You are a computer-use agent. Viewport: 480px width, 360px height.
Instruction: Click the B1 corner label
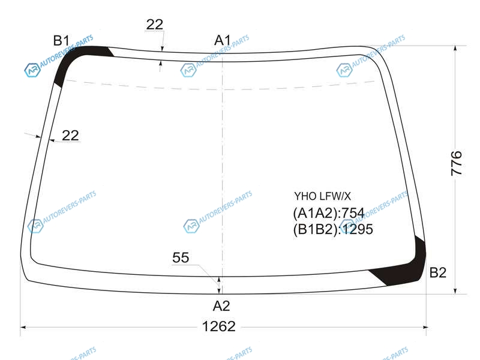click(61, 40)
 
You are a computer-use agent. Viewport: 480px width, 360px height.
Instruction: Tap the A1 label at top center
click(223, 40)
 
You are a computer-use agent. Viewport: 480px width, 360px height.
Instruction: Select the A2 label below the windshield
click(221, 306)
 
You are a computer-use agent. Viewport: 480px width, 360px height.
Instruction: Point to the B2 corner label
click(438, 272)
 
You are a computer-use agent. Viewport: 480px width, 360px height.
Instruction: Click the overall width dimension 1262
click(219, 326)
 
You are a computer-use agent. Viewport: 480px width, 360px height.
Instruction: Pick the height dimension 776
click(456, 163)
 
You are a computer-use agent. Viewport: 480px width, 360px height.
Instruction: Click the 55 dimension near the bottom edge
click(181, 257)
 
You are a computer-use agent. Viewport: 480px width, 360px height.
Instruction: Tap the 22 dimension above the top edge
click(155, 25)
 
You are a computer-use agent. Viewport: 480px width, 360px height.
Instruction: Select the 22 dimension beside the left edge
click(70, 136)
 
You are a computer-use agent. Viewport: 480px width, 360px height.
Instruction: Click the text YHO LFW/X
click(322, 196)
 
